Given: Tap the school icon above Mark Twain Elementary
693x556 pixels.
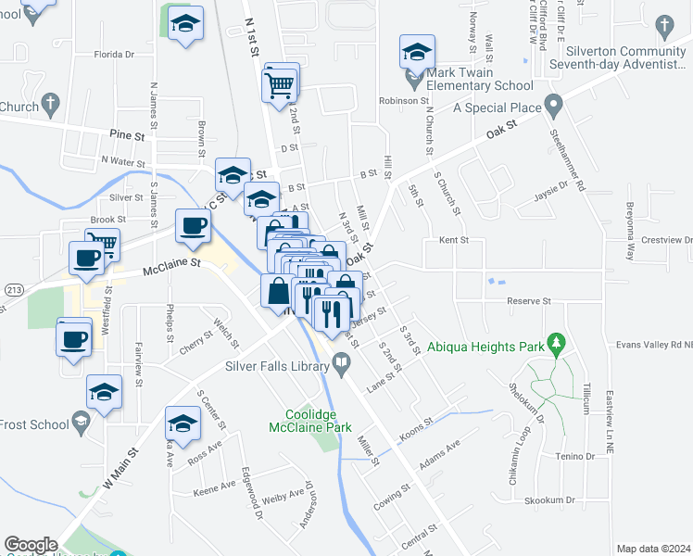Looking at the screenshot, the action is (x=417, y=52).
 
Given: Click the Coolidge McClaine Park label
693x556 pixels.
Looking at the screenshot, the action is (x=311, y=422).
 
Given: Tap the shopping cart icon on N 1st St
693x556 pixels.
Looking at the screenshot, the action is (x=281, y=85).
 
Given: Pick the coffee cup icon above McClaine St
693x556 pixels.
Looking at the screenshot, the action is (x=193, y=227).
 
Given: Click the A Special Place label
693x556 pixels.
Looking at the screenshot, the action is (x=496, y=107).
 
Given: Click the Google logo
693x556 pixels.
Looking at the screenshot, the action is (x=31, y=544).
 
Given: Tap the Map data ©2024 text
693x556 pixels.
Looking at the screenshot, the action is (x=654, y=549).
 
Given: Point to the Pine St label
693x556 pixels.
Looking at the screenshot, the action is (x=127, y=135).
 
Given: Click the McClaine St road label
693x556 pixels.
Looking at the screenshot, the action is (x=171, y=268).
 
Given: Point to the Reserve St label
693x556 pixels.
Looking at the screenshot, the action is (x=529, y=301).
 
